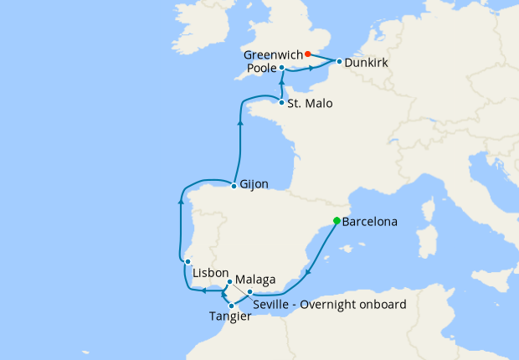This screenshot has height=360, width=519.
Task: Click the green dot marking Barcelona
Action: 337,221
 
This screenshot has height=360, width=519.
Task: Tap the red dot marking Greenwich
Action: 308,54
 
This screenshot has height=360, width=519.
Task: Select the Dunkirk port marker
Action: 339,61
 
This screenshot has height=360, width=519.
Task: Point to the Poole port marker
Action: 282,67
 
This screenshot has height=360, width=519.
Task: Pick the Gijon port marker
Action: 234,184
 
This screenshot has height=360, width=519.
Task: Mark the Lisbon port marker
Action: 188,262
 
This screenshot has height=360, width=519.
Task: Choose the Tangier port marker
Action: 231,306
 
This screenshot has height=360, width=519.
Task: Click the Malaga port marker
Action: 229,281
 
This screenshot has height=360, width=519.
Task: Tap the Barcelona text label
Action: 370,223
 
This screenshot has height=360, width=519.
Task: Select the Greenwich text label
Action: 273,54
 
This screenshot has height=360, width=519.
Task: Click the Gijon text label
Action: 254,185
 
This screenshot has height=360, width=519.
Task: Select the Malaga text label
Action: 255,279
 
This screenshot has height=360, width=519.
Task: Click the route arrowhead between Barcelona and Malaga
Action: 310,270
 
